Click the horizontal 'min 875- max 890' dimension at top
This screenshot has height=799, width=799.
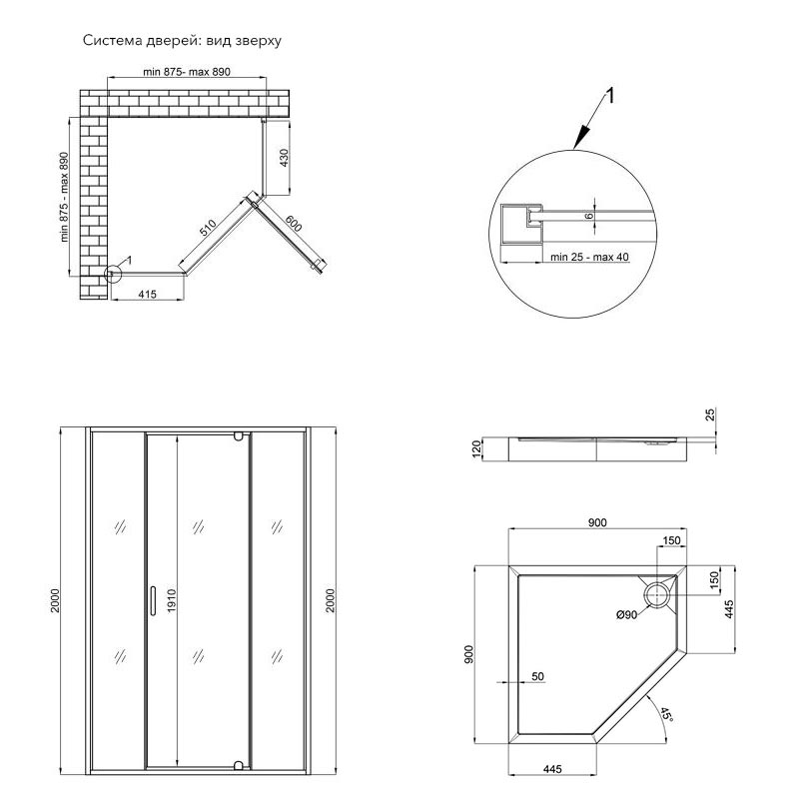tap(187, 72)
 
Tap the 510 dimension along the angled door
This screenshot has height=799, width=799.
tap(207, 228)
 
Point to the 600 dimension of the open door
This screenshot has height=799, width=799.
tap(293, 225)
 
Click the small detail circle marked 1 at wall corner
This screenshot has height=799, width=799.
tap(113, 271)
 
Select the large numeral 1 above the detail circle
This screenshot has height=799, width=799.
tap(610, 97)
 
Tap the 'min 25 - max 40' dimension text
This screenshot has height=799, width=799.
tap(590, 257)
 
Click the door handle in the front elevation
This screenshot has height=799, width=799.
tap(151, 600)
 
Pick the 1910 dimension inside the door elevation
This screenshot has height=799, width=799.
tap(171, 600)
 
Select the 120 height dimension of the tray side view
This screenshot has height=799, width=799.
tap(477, 449)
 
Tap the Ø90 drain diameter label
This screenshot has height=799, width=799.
tap(627, 615)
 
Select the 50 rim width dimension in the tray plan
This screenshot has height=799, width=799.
tap(537, 676)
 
